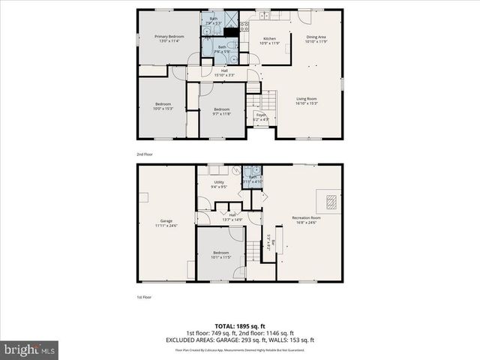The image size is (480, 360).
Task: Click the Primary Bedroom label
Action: coord(169,38)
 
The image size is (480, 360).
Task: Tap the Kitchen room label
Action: coord(268,40)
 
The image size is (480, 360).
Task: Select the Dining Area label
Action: coord(316,38)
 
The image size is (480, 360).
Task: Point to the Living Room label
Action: coord(306,100)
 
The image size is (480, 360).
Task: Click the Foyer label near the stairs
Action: coord(260,117)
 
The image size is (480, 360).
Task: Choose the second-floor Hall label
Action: coord(224,73)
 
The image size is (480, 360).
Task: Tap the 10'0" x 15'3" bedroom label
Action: coord(163,106)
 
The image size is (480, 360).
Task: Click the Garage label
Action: coord(166,223)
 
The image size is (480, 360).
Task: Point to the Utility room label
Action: coord(219,184)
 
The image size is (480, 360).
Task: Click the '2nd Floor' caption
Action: coord(144,154)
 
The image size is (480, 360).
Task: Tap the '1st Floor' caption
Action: coord(143,298)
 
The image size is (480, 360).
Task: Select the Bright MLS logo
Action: coord(30,349)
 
